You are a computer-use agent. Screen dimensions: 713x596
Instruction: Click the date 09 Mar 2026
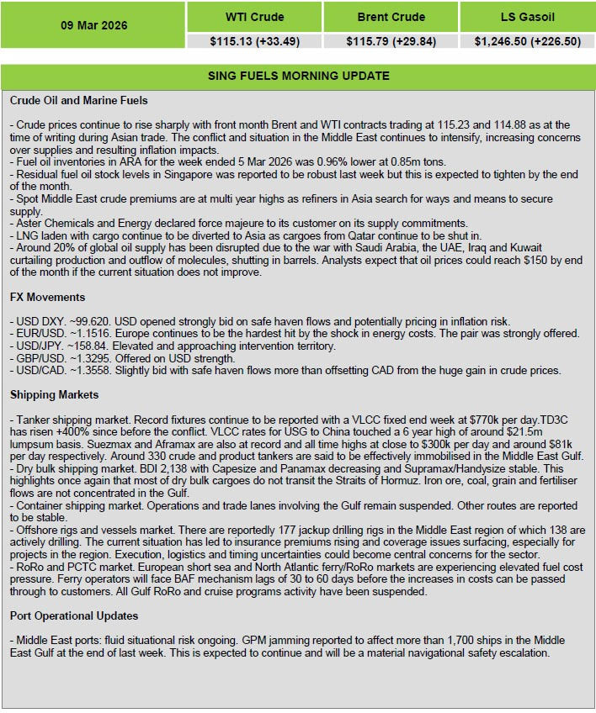93,25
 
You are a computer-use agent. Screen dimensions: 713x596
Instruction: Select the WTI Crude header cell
254,17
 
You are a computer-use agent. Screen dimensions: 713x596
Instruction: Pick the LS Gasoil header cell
527,17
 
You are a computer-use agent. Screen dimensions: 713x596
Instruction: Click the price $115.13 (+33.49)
254,40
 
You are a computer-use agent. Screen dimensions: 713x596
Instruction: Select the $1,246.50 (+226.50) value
527,40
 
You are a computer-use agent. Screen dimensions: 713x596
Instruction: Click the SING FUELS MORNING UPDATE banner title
298,76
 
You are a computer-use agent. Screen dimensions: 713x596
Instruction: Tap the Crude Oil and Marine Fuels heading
79,101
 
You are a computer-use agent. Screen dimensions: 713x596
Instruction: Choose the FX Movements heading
47,298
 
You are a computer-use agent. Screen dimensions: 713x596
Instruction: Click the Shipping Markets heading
54,394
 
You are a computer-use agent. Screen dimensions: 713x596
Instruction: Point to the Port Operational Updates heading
74,615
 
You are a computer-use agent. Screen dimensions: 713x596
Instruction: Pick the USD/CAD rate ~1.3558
83,370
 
